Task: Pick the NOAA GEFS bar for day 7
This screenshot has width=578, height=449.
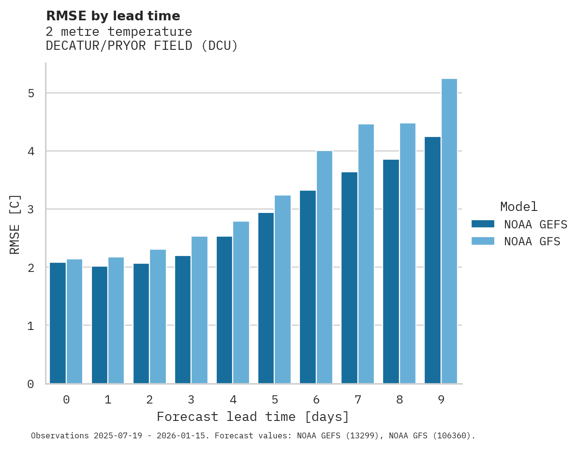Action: (x=349, y=278)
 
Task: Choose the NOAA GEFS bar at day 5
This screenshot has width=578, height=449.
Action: (x=266, y=298)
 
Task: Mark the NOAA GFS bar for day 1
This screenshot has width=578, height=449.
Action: (x=116, y=320)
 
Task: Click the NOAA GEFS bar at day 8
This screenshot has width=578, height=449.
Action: (x=391, y=271)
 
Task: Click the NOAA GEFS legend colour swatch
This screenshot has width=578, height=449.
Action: (x=483, y=224)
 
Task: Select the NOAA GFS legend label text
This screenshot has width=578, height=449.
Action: (x=532, y=241)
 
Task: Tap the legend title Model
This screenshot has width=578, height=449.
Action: (x=519, y=207)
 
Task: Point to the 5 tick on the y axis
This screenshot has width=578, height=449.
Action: (x=31, y=93)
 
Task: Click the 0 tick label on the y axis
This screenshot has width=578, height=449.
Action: (x=31, y=384)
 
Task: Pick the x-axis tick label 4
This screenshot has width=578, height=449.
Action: (x=233, y=400)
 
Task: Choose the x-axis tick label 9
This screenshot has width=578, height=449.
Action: (x=441, y=400)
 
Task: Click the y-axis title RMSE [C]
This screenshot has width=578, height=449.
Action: (x=15, y=224)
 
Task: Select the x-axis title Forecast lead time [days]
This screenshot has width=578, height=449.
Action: (x=252, y=417)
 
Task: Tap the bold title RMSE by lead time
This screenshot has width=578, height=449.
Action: (x=113, y=16)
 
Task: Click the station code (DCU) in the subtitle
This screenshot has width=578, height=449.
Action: (x=220, y=46)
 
